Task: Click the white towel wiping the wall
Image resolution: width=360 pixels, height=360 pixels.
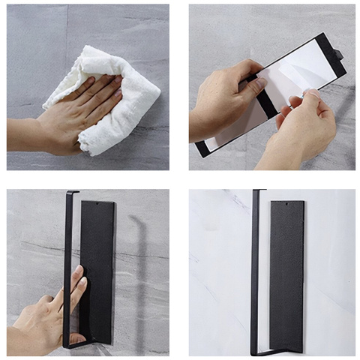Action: tap(127, 97)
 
